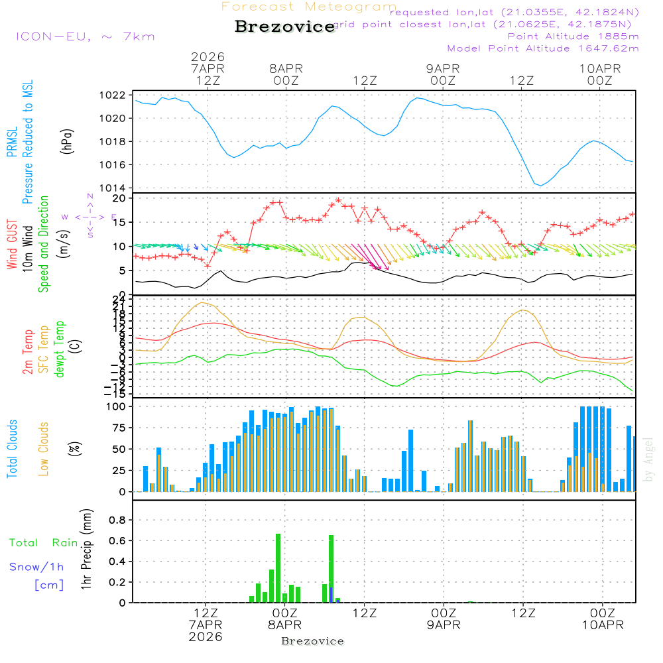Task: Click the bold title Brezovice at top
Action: tap(284, 27)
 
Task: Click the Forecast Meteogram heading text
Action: tap(309, 7)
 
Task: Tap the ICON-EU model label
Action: tap(85, 36)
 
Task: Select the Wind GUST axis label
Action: tap(12, 245)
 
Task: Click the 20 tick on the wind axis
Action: tap(119, 198)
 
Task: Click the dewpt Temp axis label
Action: tap(60, 349)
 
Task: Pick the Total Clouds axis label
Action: tap(12, 449)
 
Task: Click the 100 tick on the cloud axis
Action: tap(116, 406)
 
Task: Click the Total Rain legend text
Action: tap(43, 543)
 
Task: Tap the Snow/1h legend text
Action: tap(36, 567)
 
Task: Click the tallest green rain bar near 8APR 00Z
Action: tap(278, 568)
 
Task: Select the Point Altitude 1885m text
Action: tap(573, 36)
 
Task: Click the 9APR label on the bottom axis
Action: tap(443, 625)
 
